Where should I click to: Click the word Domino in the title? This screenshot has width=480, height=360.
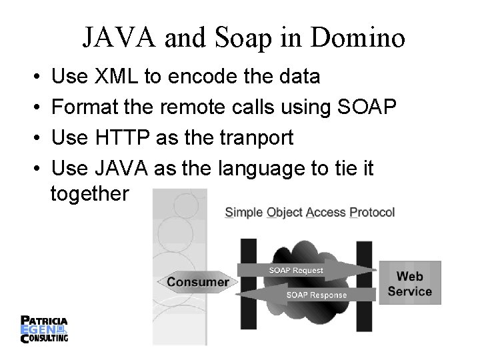(363, 38)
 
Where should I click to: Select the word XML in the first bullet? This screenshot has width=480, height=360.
(117, 77)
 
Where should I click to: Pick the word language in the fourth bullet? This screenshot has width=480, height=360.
(263, 169)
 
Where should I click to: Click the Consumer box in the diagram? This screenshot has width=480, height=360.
(197, 282)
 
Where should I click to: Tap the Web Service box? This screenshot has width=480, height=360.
(409, 283)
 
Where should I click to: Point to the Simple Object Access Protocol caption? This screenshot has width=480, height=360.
(310, 213)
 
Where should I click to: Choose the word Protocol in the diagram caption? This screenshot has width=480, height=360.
(371, 213)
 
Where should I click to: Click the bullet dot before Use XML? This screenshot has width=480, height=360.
(34, 77)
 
